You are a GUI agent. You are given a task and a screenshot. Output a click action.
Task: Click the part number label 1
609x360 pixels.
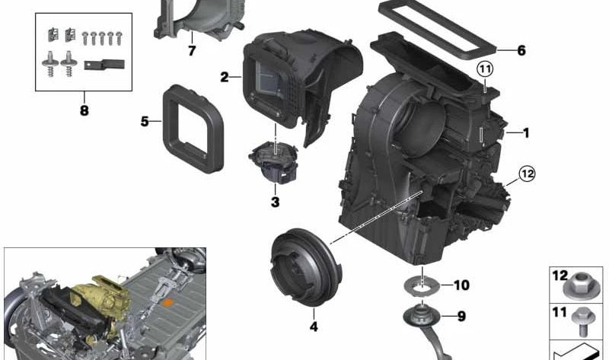click(525, 132)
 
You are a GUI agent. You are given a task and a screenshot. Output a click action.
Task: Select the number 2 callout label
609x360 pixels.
click(225, 77)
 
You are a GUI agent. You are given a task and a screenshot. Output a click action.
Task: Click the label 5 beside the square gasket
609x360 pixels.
click(145, 121)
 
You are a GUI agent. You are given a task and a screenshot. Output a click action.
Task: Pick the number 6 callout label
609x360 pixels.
click(521, 51)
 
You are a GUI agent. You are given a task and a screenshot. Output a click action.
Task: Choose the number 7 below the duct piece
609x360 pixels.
click(192, 51)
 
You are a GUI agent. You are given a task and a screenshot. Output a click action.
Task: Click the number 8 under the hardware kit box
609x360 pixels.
click(84, 111)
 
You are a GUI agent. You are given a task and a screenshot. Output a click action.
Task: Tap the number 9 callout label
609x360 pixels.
click(461, 316)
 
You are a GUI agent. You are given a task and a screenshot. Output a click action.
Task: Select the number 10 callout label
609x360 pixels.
click(461, 285)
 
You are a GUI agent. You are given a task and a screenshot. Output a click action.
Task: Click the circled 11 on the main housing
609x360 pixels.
click(486, 71)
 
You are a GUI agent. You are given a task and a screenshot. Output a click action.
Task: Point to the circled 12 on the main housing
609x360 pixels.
click(527, 174)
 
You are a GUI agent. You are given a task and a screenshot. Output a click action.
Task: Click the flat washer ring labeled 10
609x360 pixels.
click(420, 285)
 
